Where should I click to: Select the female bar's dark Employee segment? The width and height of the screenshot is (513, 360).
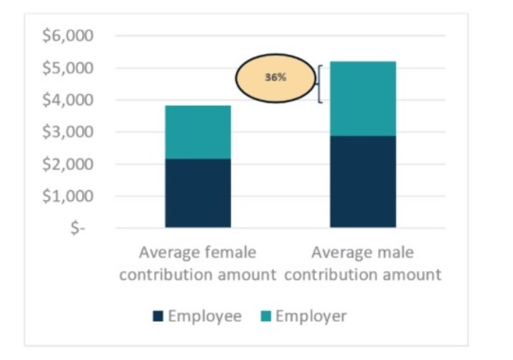pyautogui.click(x=198, y=193)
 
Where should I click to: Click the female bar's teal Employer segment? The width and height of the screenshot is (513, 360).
pyautogui.click(x=198, y=132)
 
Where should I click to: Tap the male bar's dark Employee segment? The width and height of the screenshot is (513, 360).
pyautogui.click(x=363, y=181)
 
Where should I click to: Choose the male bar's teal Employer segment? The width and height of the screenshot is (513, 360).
pyautogui.click(x=363, y=98)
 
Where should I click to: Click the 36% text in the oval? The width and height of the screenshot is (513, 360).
pyautogui.click(x=275, y=77)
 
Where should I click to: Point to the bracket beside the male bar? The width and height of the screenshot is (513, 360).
pyautogui.click(x=319, y=84)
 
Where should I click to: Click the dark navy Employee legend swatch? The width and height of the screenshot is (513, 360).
pyautogui.click(x=158, y=317)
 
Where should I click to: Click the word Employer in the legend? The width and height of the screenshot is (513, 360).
pyautogui.click(x=311, y=316)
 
